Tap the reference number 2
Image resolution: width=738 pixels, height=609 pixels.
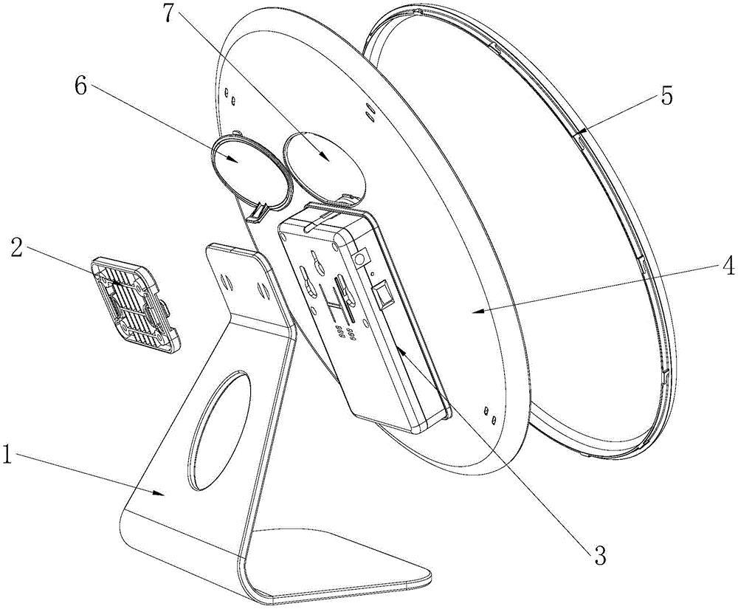pyautogui.click(x=15, y=247)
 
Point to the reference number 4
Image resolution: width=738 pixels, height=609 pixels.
pyautogui.click(x=727, y=266)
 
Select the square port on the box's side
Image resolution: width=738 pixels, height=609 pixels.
pyautogui.click(x=383, y=296)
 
